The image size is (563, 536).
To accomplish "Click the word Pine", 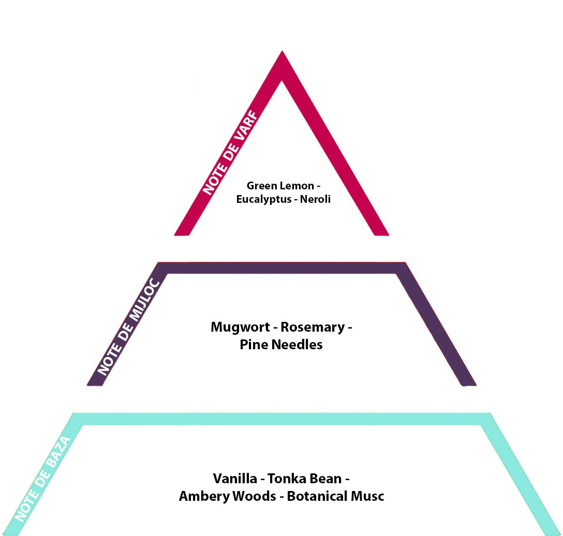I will click(252, 345).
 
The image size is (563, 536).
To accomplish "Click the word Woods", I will click(254, 496).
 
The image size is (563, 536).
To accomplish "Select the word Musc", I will click(368, 496).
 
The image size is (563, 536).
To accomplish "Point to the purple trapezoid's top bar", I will click(282, 268).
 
